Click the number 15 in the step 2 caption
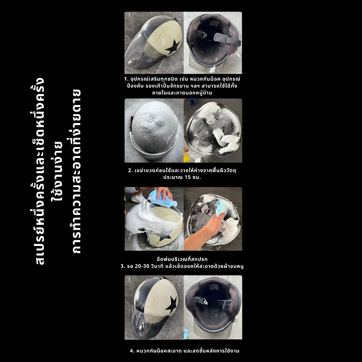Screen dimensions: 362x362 point(188,177)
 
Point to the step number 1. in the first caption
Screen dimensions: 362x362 point(126,79)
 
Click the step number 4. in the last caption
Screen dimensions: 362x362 point(132,351)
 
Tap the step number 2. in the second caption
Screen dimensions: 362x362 point(130,171)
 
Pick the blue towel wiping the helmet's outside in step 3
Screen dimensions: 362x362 point(163,198)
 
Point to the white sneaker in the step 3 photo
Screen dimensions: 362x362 point(138,198)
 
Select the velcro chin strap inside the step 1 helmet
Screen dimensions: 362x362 point(227,39)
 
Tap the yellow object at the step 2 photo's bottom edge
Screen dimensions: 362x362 point(186,157)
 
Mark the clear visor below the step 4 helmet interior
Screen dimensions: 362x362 point(212,330)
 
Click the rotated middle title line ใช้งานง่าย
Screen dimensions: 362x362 point(57,171)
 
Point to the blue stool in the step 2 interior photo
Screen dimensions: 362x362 point(192,101)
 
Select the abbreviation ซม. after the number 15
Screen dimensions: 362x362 point(197,177)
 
